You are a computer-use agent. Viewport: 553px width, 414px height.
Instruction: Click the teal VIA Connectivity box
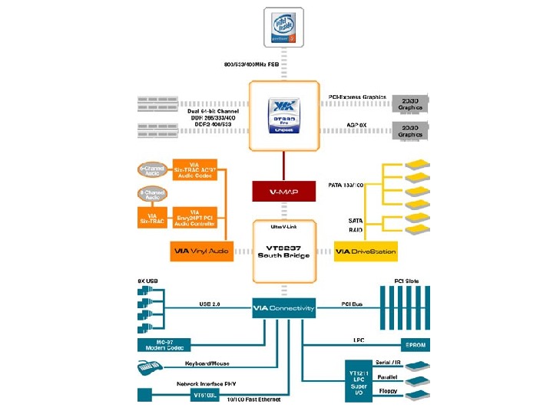click(x=284, y=308)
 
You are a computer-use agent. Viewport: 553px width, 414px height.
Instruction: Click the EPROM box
click(x=415, y=345)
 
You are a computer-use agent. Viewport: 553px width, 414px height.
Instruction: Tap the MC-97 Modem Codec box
click(x=164, y=346)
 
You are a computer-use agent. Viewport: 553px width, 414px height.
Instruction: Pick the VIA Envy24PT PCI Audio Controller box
click(x=195, y=218)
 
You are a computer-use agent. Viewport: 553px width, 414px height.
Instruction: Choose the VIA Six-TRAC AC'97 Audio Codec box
click(x=195, y=172)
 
